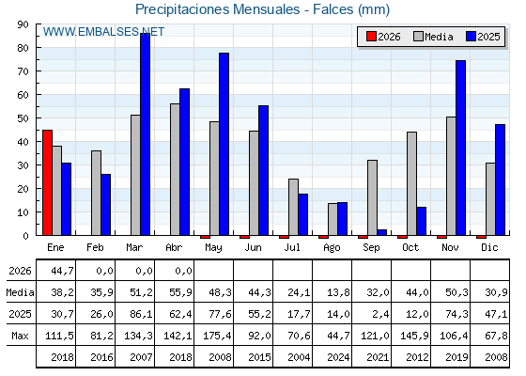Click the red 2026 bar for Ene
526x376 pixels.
(47, 182)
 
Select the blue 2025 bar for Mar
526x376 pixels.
(146, 134)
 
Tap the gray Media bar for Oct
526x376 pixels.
(412, 183)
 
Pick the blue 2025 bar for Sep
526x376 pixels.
(382, 232)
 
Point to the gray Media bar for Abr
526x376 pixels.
(175, 169)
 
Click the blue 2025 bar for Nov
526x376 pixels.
(461, 149)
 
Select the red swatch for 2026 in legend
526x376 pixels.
(371, 37)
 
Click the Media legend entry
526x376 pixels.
(433, 37)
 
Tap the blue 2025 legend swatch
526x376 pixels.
(471, 37)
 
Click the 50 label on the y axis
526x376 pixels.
(23, 118)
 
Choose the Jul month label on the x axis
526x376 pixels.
(292, 248)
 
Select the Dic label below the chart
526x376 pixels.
(489, 248)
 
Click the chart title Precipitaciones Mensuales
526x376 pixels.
(217, 9)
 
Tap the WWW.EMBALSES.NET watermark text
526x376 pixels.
(103, 32)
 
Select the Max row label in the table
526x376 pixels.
(20, 336)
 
